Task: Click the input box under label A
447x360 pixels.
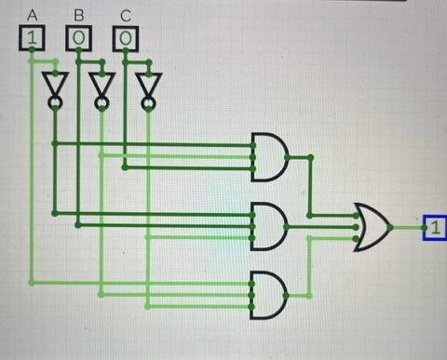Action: coord(33,38)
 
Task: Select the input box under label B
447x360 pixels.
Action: coord(78,38)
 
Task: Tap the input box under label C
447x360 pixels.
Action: coord(125,38)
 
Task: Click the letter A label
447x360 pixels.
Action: coord(33,15)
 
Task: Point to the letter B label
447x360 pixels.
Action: coord(78,15)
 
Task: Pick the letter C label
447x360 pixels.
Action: coord(125,15)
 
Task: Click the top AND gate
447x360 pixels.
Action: coord(269,156)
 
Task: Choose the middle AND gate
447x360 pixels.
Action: coord(269,226)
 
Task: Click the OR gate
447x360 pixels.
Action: coord(372,226)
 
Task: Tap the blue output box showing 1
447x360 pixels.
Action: coord(435,226)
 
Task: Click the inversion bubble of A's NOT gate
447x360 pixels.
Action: coord(55,102)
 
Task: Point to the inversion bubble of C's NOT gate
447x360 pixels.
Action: coord(147,102)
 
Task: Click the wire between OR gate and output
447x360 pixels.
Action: coord(407,226)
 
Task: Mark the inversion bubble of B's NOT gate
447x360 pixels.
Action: coord(102,102)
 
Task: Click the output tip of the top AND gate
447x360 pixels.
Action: coord(288,156)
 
